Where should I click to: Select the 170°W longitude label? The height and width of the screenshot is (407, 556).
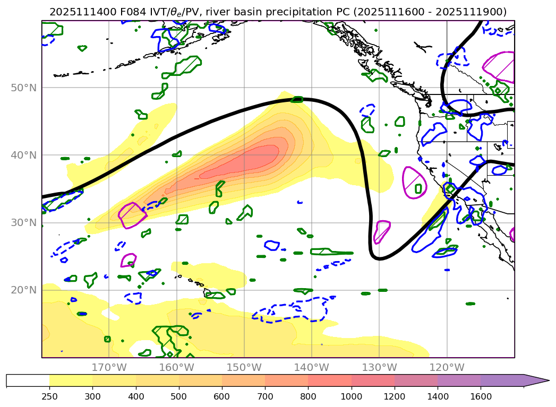point(109,367)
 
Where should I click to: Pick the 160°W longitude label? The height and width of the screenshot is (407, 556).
point(176,367)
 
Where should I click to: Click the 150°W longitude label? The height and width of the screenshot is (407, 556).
point(244,367)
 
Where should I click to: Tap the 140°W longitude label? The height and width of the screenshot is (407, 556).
point(311,367)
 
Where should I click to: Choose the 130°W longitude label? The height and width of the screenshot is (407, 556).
point(379,367)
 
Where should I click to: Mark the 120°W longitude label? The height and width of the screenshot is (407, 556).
point(447,367)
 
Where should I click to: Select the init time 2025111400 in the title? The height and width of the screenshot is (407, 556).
point(76,12)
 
